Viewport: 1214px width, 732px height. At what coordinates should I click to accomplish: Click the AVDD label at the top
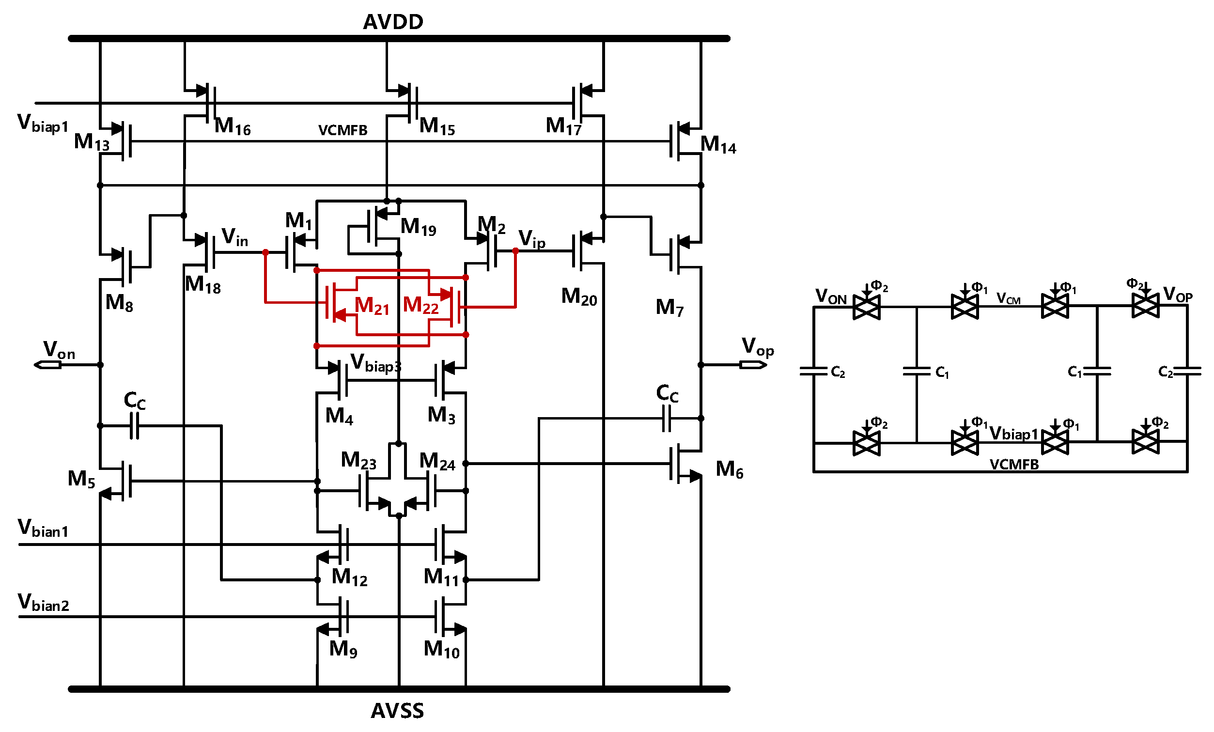coord(393,22)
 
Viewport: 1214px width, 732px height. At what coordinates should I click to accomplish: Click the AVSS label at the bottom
coord(397,711)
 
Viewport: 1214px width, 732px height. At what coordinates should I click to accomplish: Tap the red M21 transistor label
coord(372,306)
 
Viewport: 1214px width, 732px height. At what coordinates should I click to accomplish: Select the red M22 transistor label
coord(420,305)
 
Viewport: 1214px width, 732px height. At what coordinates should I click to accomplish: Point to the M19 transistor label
coord(418,227)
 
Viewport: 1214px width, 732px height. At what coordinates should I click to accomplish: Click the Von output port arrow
coord(47,365)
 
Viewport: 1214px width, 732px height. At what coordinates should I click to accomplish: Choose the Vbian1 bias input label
coord(44,529)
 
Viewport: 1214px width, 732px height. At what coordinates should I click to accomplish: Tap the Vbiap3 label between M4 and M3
coord(376,363)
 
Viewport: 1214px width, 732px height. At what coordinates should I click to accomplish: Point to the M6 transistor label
coord(729,469)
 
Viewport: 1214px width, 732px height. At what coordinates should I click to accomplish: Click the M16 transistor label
coord(233,126)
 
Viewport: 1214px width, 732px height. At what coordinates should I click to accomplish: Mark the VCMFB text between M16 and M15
coord(343,130)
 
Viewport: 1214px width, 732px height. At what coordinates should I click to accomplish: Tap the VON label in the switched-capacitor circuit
coord(831,296)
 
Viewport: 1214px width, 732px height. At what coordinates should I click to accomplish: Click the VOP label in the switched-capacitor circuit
coord(1178,295)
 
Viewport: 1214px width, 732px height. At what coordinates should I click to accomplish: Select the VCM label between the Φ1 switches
coord(1008,298)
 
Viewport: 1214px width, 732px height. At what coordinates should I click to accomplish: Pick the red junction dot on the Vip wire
coord(515,251)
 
